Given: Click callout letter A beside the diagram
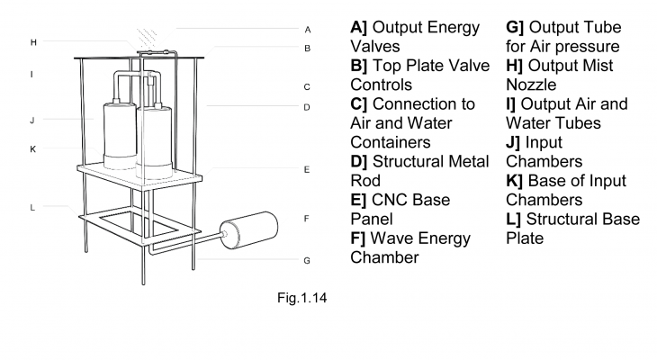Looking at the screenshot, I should point(307,29).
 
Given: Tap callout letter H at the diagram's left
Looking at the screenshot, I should point(33,41).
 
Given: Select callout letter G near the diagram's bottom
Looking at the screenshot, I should point(307,261).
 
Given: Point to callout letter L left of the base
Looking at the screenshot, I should point(32,207).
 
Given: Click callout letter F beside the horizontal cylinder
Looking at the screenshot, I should point(307,218).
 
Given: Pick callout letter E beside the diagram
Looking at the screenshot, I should point(307,168).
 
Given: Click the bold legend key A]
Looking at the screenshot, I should point(359,27).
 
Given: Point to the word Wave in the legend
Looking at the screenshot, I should point(394,238).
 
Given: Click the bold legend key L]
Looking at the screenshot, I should point(514,220).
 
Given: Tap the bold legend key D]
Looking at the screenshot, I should point(360,161).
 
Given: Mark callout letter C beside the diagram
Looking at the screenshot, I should point(307,87).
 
